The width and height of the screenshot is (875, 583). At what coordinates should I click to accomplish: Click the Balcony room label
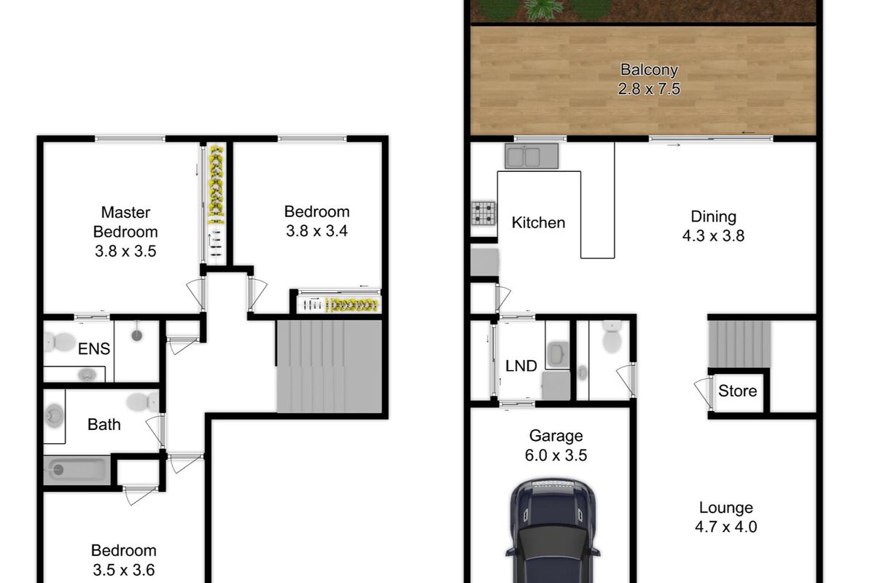click(649, 71)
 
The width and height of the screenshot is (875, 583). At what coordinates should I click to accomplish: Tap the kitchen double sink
click(532, 157)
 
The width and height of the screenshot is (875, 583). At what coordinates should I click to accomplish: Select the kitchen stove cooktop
click(483, 214)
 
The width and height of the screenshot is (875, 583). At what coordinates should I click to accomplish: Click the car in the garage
click(554, 532)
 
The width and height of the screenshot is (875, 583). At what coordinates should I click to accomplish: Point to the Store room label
click(737, 391)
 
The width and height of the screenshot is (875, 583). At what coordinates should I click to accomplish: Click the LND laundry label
click(521, 365)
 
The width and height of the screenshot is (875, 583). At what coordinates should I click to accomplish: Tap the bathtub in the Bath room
click(77, 470)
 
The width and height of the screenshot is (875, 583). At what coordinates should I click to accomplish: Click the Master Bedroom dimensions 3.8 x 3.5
click(125, 251)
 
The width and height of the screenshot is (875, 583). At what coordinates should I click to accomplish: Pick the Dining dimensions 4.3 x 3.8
click(713, 235)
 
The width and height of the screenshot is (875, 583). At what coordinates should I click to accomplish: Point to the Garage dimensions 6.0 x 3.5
click(556, 455)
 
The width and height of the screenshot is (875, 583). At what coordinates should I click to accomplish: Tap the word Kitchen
click(538, 222)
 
